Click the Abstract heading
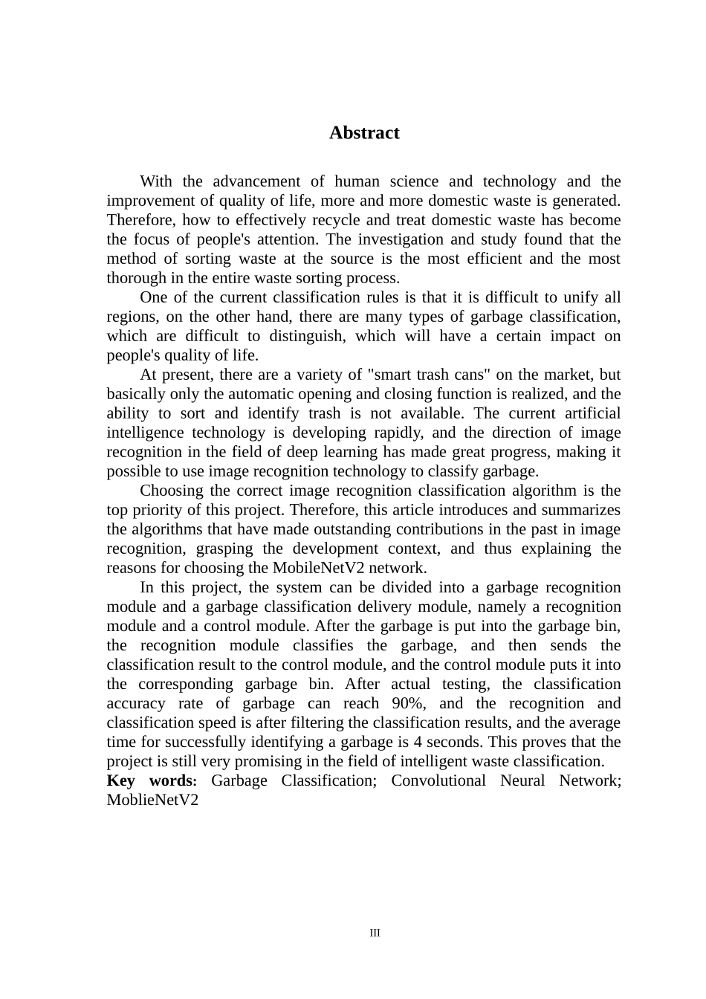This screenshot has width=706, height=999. pos(364,133)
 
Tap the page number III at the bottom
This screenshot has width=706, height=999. pos(375,933)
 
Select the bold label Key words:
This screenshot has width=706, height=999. pos(152,780)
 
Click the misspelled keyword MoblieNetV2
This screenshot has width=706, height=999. pos(152,800)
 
